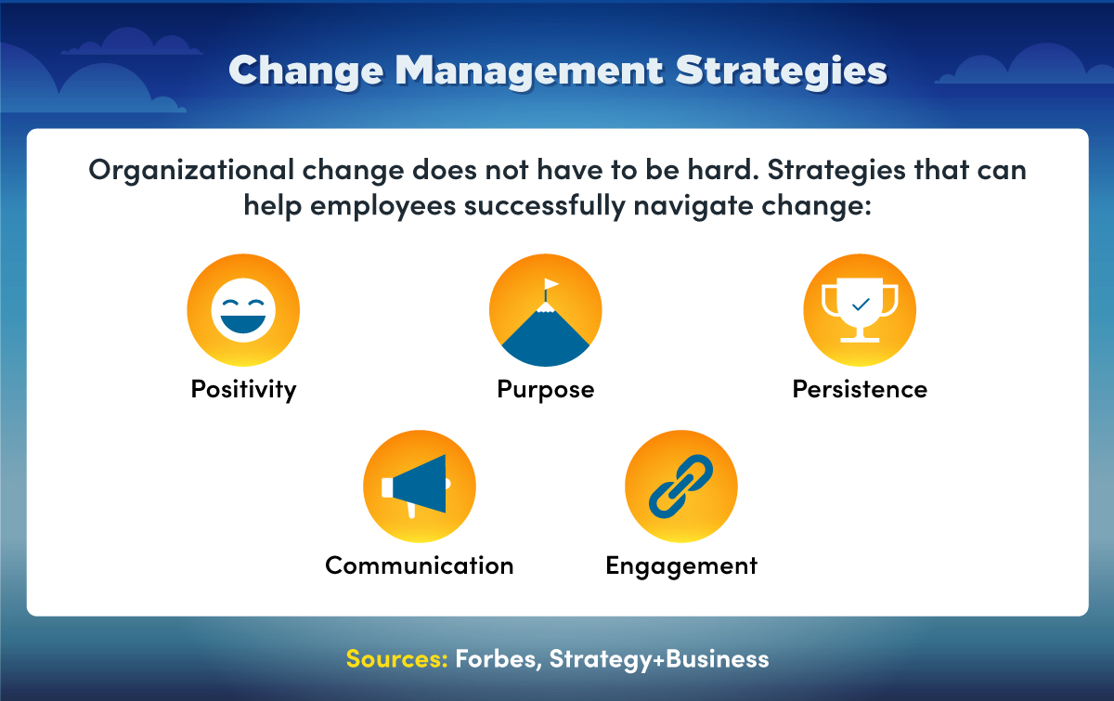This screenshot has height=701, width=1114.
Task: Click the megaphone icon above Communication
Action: (x=419, y=487)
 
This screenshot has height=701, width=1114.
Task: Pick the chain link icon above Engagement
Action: (x=681, y=487)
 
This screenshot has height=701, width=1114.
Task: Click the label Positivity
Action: (x=243, y=389)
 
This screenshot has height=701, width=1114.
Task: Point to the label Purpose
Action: (x=546, y=389)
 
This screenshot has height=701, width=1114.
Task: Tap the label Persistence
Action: (x=860, y=389)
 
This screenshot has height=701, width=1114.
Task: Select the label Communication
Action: (x=419, y=565)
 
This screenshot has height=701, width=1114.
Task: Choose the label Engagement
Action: (x=681, y=565)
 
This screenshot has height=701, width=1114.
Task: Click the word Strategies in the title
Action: (x=781, y=71)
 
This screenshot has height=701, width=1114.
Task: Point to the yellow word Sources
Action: (x=396, y=659)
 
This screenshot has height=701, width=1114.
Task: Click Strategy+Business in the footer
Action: (x=659, y=659)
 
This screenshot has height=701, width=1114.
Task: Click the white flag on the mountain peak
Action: (x=552, y=284)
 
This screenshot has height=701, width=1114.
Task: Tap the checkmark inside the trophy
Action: (x=860, y=303)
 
